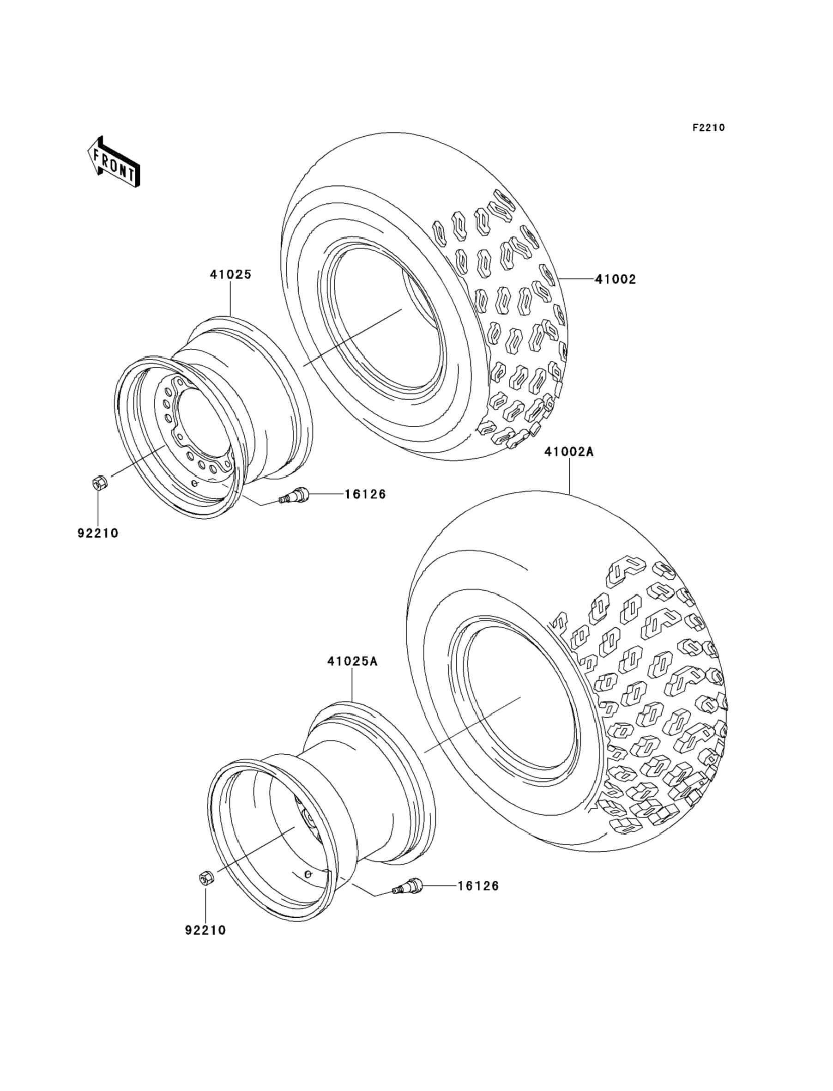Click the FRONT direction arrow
(x=114, y=162)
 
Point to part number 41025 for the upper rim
(x=230, y=274)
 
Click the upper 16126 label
(x=365, y=494)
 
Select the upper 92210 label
(x=98, y=533)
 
